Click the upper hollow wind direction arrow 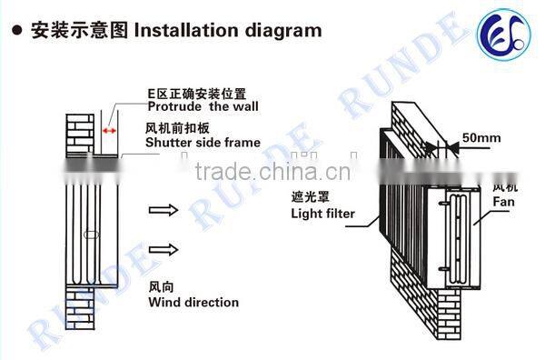point(162,211)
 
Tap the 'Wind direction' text point(193,302)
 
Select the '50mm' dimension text point(481,136)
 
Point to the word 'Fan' point(504,205)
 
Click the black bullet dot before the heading point(15,31)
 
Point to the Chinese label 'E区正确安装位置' point(197,93)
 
